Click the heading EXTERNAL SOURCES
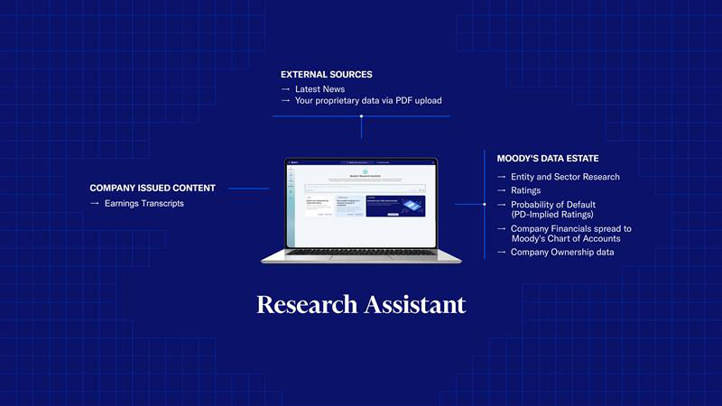coord(326,74)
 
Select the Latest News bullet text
coord(319,88)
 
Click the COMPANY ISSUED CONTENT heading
coord(153,188)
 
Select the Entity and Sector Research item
coord(565,177)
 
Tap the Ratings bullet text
coord(526,190)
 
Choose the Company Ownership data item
coord(562,252)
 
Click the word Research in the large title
coord(307,304)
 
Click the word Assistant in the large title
coord(415,304)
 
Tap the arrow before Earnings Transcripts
coord(95,204)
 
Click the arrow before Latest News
coord(285,88)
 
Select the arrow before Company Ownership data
coord(502,252)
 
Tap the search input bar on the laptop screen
coord(360,189)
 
